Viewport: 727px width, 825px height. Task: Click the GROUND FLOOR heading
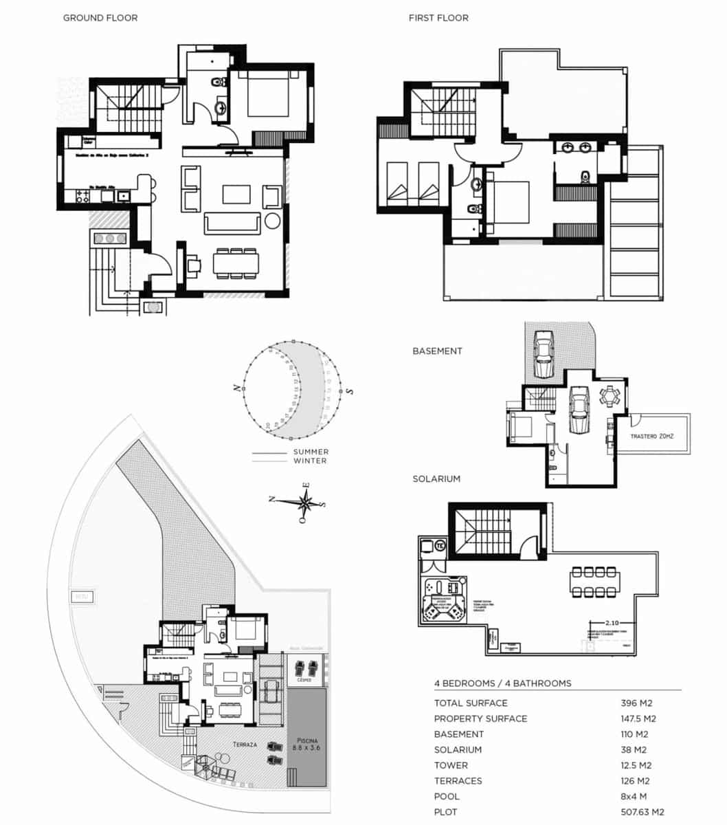tap(100, 18)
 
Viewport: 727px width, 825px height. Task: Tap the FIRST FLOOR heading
tap(438, 18)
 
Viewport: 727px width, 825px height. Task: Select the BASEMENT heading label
tap(437, 351)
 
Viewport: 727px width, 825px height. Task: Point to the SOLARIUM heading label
tap(436, 478)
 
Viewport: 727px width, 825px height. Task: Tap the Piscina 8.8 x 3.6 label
tap(306, 742)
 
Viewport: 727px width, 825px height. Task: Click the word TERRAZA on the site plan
tap(245, 745)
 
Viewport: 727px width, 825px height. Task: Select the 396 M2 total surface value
tap(636, 703)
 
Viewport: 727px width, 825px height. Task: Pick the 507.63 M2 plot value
tap(642, 812)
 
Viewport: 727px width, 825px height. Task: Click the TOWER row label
tap(451, 765)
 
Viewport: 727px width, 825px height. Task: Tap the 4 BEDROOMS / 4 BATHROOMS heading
tap(502, 683)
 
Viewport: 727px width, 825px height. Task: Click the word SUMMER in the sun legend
tap(311, 452)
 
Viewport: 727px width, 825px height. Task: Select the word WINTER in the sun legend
tap(310, 461)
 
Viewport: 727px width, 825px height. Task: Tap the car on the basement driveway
tap(543, 353)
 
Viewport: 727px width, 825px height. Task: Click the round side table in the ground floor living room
tap(272, 221)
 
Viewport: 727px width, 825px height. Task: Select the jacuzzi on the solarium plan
tap(443, 598)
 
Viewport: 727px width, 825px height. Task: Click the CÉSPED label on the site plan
tap(304, 680)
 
